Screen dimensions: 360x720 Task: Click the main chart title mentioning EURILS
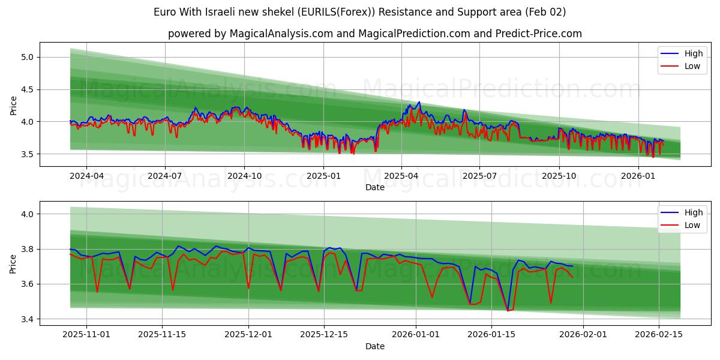tap(359, 12)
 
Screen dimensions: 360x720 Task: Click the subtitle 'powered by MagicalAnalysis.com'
tap(374, 34)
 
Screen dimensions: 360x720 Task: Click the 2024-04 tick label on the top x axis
tap(86, 176)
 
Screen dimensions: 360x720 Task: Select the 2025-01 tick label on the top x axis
tap(323, 176)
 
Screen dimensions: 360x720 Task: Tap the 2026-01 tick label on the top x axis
tap(638, 176)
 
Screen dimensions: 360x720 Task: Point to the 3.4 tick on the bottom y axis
tap(28, 319)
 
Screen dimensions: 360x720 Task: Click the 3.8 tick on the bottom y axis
tap(28, 249)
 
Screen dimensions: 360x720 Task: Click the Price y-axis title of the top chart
tap(13, 104)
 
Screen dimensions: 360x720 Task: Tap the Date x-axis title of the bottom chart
tap(374, 346)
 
